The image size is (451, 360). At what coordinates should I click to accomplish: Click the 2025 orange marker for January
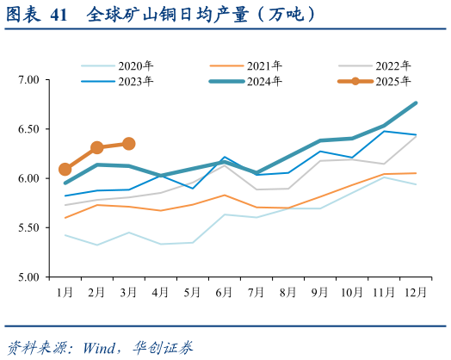65,170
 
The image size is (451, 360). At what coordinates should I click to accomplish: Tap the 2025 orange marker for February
97,147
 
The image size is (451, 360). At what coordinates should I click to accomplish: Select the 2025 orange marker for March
129,144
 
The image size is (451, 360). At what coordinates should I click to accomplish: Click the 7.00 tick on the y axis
29,80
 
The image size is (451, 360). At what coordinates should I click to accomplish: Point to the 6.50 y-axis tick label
29,129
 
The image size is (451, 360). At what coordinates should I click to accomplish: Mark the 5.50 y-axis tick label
29,228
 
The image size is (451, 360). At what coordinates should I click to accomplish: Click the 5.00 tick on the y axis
29,277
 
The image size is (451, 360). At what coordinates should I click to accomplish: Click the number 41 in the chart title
58,15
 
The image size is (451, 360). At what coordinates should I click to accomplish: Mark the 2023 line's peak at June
225,158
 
